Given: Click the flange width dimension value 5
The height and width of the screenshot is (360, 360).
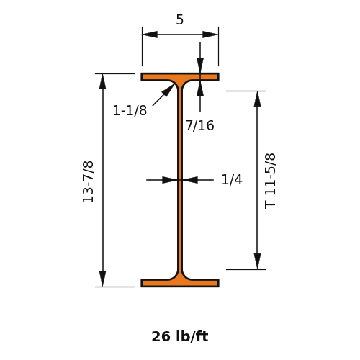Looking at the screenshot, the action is [x=180, y=19].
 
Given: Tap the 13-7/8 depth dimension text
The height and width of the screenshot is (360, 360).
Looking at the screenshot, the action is [x=88, y=181].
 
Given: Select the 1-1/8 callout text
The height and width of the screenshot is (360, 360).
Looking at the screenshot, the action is [x=130, y=111].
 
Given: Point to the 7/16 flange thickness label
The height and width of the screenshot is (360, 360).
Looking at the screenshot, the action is [x=200, y=125].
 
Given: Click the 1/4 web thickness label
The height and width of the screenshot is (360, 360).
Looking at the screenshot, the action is [x=232, y=179].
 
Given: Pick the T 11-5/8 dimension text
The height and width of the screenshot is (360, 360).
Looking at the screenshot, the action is [x=270, y=181].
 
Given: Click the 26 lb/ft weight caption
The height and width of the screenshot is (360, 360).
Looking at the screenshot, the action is [x=180, y=336].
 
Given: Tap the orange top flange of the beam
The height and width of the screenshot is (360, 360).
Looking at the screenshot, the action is [x=180, y=77].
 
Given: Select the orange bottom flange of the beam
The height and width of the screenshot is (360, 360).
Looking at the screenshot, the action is [x=180, y=283].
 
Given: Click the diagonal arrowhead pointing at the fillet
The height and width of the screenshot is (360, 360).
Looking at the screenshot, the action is [x=168, y=89].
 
